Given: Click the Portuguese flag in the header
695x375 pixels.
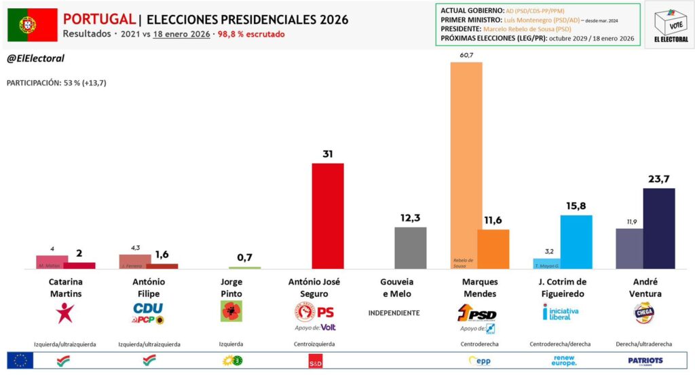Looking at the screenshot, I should point(33,25).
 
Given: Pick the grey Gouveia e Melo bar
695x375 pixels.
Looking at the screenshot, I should point(410,248).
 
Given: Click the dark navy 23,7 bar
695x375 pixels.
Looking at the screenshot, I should point(658,228).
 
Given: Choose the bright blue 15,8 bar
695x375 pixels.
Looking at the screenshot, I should point(576,242).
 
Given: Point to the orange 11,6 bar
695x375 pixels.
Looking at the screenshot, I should point(493,249).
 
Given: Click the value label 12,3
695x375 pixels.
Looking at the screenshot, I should point(410,217).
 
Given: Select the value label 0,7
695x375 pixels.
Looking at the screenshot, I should point(244,257).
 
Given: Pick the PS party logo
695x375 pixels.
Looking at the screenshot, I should point(314,312).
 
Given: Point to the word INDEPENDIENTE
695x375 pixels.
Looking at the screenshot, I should point(394,313).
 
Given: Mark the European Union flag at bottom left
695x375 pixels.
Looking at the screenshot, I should point(20,360).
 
